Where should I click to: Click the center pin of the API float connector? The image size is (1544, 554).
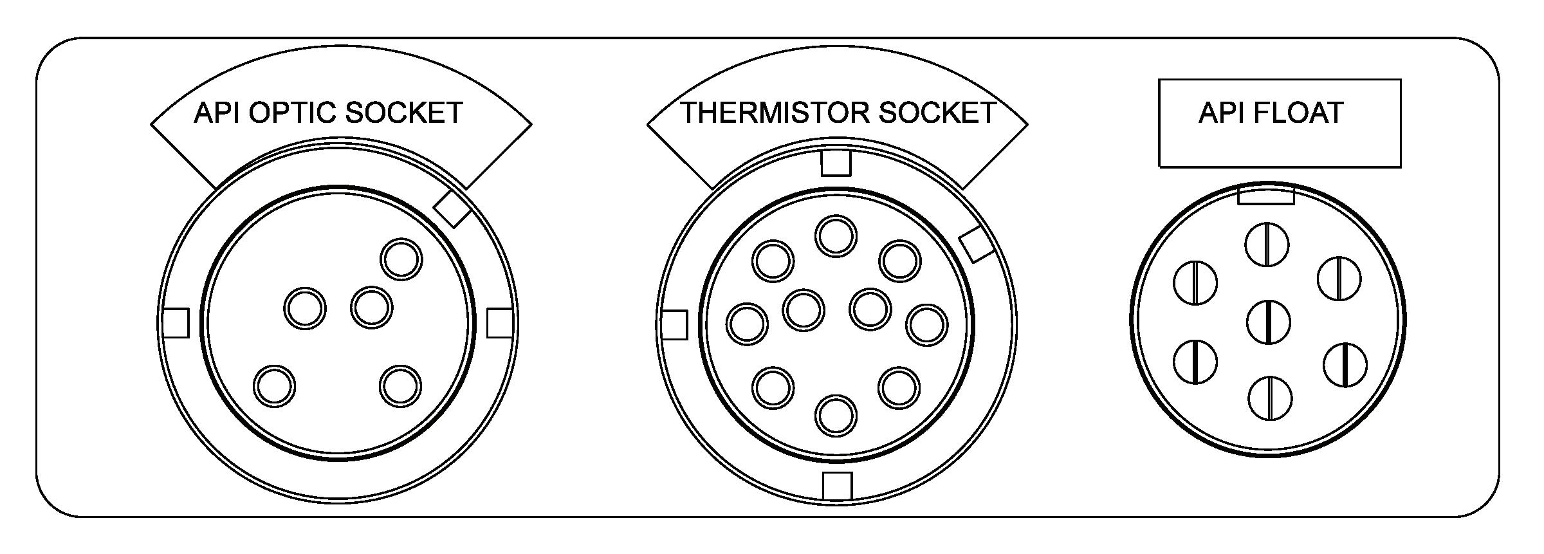(1268, 322)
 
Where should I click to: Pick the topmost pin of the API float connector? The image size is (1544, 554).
(1267, 245)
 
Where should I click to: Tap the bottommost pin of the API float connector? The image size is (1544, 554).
(1270, 398)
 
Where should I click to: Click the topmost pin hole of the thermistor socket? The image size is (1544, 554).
(836, 235)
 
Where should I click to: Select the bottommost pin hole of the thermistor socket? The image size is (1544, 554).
(836, 415)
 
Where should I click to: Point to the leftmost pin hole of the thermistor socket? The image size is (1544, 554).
(747, 323)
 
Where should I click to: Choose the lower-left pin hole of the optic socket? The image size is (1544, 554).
(275, 386)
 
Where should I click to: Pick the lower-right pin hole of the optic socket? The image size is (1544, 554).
(400, 386)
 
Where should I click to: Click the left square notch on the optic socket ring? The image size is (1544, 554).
(176, 323)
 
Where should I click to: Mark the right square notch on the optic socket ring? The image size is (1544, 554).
(500, 323)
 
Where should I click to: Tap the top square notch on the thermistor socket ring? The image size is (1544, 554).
(836, 163)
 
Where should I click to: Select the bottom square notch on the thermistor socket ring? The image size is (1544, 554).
(837, 486)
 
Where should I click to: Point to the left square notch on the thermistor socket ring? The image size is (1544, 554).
(674, 325)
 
